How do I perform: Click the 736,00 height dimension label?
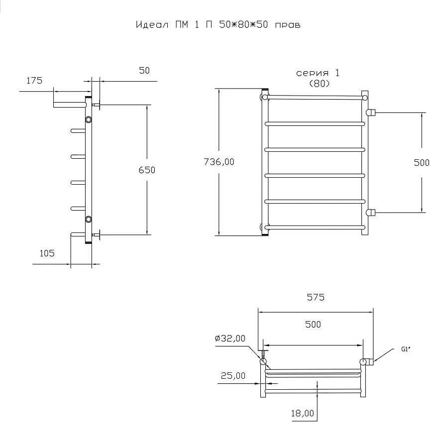pyautogui.click(x=219, y=162)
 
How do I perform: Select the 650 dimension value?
pyautogui.click(x=147, y=170)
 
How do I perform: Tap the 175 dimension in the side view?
pyautogui.click(x=34, y=81)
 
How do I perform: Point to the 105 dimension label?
pyautogui.click(x=47, y=253)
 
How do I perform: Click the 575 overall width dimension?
pyautogui.click(x=316, y=298)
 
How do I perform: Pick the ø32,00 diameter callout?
pyautogui.click(x=230, y=338)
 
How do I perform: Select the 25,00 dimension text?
pyautogui.click(x=233, y=375)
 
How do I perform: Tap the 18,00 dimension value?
pyautogui.click(x=302, y=413)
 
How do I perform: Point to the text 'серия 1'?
pyautogui.click(x=318, y=73)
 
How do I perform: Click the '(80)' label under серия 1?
pyautogui.click(x=320, y=84)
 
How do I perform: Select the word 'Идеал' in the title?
pyautogui.click(x=152, y=25)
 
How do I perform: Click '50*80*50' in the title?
pyautogui.click(x=244, y=24)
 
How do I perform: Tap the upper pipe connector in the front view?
pyautogui.click(x=370, y=112)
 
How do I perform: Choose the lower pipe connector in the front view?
pyautogui.click(x=370, y=213)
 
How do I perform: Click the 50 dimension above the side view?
pyautogui.click(x=144, y=71)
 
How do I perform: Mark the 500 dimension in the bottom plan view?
pyautogui.click(x=313, y=325)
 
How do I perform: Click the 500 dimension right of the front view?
pyautogui.click(x=422, y=163)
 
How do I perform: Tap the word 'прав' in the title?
pyautogui.click(x=288, y=25)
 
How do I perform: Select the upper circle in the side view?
pyautogui.click(x=89, y=119)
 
